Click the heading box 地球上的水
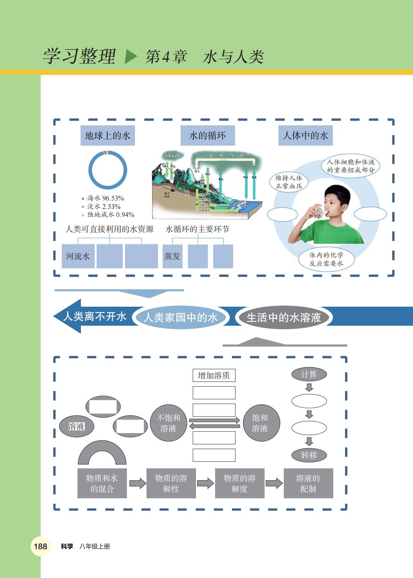click(107, 136)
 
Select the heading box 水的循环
click(207, 136)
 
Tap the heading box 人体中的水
click(305, 136)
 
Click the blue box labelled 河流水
click(78, 256)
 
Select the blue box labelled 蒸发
click(172, 256)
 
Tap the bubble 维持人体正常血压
click(289, 182)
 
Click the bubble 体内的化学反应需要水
click(326, 259)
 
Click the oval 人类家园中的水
click(181, 317)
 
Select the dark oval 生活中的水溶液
click(284, 317)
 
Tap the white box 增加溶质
click(214, 376)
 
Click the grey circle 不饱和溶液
click(168, 423)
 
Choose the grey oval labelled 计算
click(309, 374)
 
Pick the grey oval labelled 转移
click(309, 455)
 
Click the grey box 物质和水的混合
click(102, 483)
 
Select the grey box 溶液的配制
click(308, 483)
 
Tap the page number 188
click(40, 547)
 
